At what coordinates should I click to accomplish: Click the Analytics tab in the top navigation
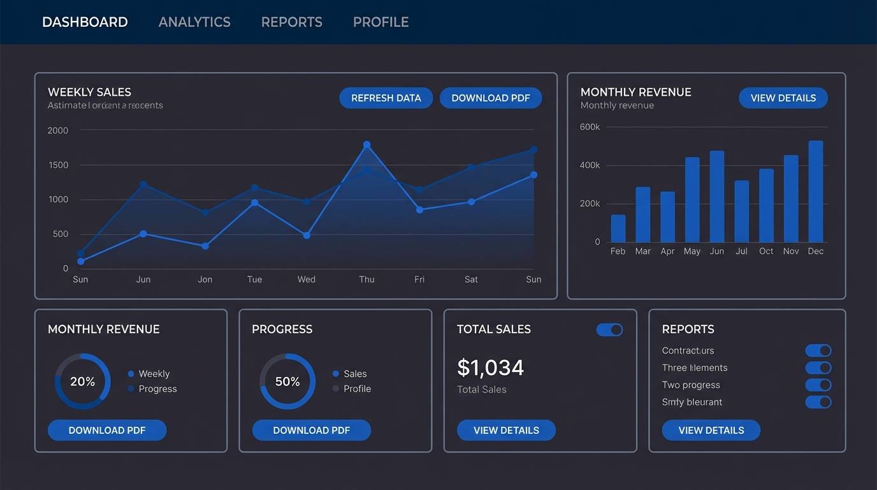tap(194, 22)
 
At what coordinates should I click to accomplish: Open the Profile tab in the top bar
tap(381, 22)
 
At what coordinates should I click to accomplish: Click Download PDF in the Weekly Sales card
tap(490, 98)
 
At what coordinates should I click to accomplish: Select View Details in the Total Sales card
tap(506, 430)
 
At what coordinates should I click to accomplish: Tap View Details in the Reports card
tap(711, 430)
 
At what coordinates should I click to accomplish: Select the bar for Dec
tap(815, 191)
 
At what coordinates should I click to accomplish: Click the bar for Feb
tap(618, 228)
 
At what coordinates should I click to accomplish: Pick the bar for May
tap(692, 200)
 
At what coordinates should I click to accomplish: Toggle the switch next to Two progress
tap(818, 385)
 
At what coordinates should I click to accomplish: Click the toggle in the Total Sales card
tap(609, 329)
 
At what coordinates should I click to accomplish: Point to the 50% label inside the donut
tap(287, 382)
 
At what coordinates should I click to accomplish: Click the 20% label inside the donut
tap(82, 382)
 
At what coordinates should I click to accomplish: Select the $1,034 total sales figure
tap(490, 367)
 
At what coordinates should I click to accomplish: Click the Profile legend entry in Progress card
tap(357, 389)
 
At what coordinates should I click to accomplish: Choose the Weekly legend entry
tap(154, 374)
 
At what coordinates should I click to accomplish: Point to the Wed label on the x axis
tap(306, 279)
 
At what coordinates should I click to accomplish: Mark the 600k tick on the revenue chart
tap(590, 127)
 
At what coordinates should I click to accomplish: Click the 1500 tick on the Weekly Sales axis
tap(58, 165)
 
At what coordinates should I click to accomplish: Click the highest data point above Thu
tap(366, 145)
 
